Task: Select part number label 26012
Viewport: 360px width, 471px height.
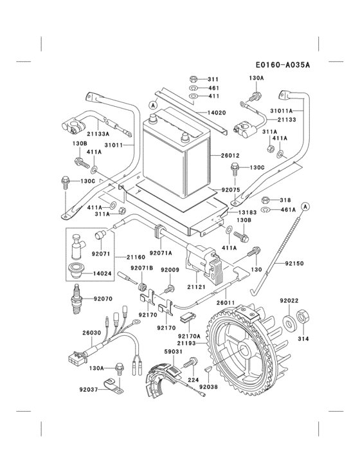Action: point(230,156)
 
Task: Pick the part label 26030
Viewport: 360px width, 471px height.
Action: point(91,333)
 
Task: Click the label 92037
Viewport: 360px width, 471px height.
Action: point(89,389)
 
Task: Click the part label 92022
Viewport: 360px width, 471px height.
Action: point(290,300)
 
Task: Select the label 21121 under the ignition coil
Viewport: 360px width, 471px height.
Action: point(197,288)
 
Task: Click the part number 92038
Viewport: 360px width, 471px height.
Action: point(209,387)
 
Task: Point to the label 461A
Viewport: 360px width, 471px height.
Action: point(287,209)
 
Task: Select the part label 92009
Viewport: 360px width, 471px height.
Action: point(170,270)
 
